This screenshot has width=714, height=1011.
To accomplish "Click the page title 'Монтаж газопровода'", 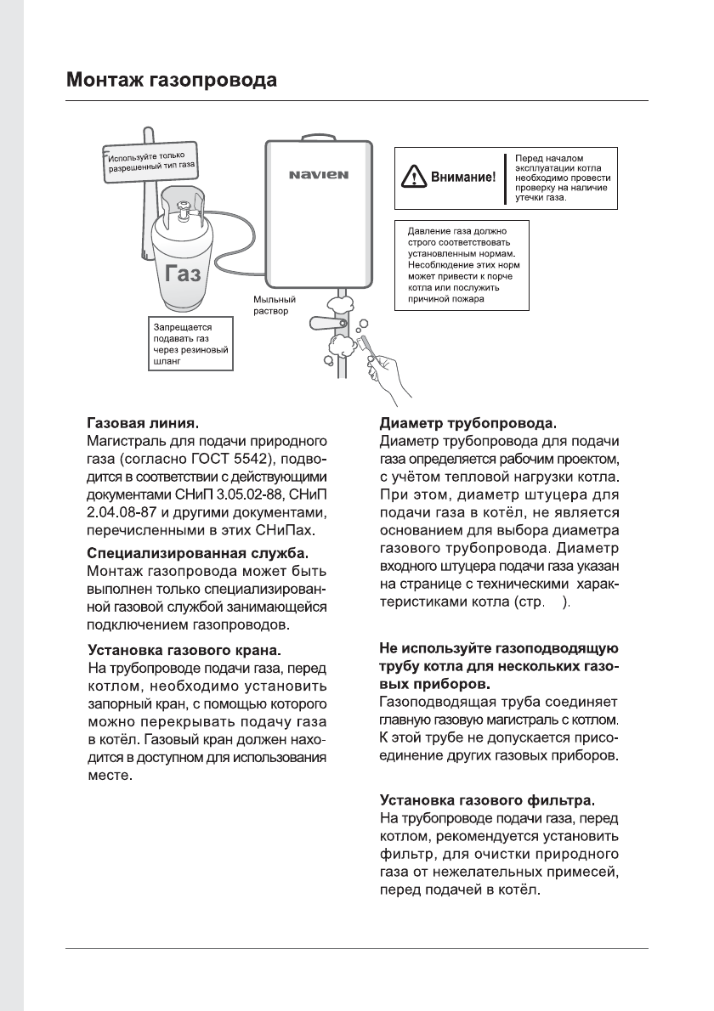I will click(172, 81).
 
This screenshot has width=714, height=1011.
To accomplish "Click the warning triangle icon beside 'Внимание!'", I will click(414, 178).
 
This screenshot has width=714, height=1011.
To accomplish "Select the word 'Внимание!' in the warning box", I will click(463, 178).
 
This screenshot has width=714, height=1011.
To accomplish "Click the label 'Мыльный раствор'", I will click(275, 306).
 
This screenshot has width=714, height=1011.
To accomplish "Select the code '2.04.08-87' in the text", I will click(122, 514).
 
